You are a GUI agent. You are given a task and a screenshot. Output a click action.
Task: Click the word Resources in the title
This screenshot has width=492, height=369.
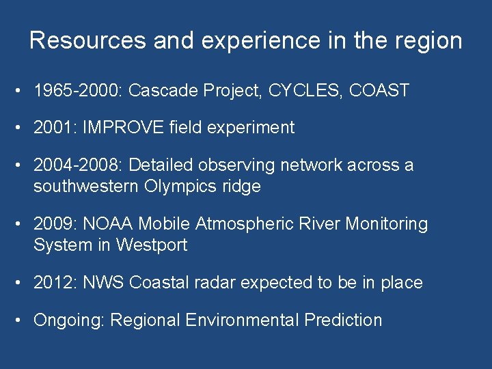[88, 40]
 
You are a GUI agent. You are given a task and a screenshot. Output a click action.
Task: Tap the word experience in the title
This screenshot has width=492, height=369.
[258, 40]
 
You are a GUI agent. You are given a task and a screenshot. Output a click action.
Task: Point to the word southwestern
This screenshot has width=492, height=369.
[85, 187]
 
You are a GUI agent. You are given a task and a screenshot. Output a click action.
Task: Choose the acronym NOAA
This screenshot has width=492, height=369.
[109, 224]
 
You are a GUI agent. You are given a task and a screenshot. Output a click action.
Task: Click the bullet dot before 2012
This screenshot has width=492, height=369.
[22, 283]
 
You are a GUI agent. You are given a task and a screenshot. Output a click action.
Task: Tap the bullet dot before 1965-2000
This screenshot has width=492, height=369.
[22, 90]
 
